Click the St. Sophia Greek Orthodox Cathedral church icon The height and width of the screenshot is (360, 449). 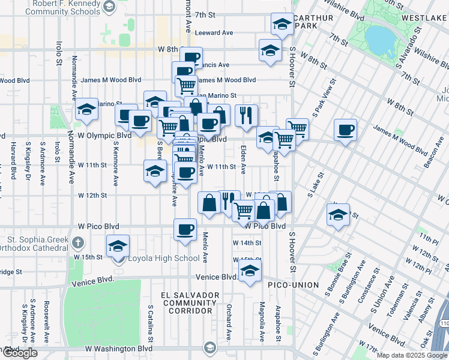point(77,243)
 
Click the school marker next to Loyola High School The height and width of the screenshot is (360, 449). point(118,246)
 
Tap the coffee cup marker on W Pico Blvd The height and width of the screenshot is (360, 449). point(185,230)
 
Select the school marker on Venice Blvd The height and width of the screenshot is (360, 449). point(250,271)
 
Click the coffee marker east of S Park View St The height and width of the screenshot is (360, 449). point(345,130)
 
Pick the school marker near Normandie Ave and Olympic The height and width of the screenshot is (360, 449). point(87,109)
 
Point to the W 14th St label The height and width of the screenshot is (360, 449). point(247,243)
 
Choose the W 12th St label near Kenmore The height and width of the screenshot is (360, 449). point(92,195)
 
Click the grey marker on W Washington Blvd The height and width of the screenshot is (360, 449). point(209,347)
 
